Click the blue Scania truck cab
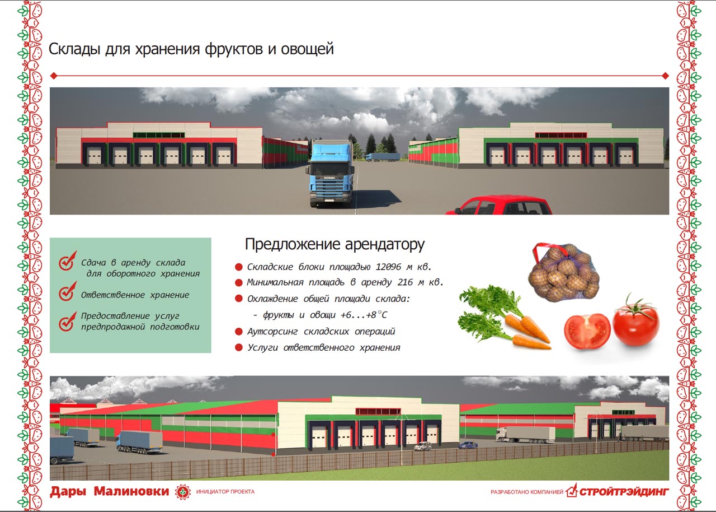coord(331,174)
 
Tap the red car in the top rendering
coord(498,206)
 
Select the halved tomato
coord(587,331)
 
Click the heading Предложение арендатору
coord(335,244)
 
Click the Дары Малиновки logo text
coord(109,491)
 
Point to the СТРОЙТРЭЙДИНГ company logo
coord(617,491)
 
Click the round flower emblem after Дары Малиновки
coord(183,492)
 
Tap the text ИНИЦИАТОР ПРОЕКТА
coord(225,492)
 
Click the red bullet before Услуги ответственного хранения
coord(238,347)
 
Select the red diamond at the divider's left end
coord(54,76)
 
